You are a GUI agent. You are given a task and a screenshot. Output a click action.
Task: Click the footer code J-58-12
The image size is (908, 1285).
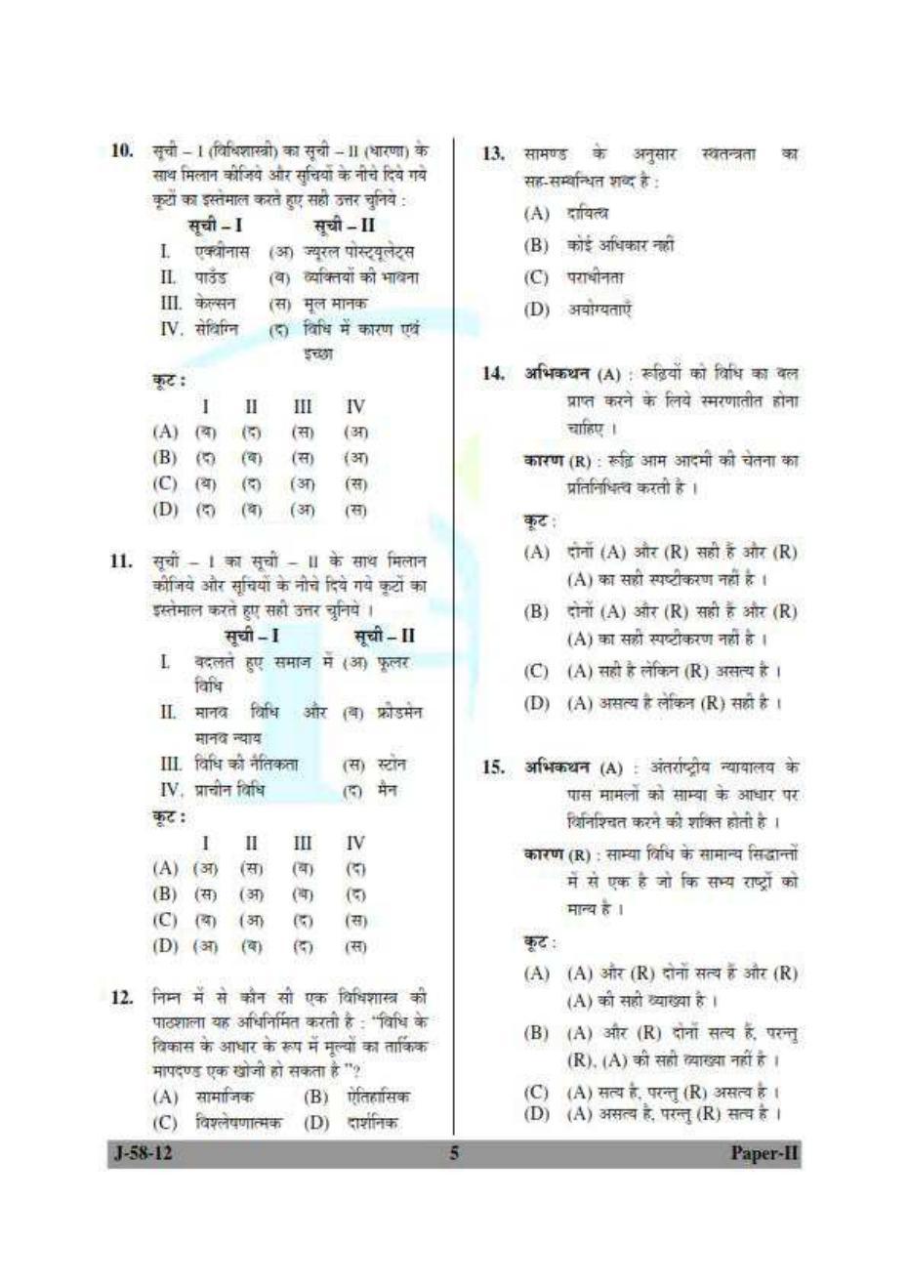click(143, 1152)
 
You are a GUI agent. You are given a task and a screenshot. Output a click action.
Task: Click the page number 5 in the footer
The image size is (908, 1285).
click(453, 1152)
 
